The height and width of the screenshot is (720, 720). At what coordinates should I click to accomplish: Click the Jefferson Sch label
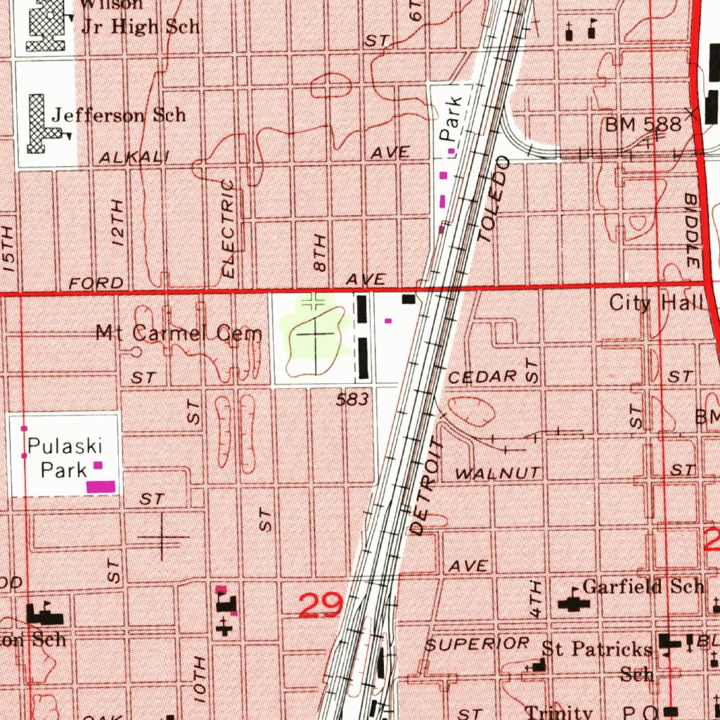pos(119,114)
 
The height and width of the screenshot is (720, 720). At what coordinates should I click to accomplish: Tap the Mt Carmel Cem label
pos(179,333)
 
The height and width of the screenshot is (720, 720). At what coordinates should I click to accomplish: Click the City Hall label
pos(657,303)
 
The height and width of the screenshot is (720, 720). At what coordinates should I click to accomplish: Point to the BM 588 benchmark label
pos(643,125)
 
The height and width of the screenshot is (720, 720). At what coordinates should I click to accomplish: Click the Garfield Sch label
pos(643,586)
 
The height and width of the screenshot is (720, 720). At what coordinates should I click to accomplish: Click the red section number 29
pos(321,605)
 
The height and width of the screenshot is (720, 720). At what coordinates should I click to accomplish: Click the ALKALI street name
pos(134,158)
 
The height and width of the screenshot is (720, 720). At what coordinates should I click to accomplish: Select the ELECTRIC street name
pos(229,227)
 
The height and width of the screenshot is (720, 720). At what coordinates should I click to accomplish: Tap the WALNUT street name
pos(499,474)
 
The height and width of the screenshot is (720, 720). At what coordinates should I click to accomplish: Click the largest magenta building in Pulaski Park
pos(101,486)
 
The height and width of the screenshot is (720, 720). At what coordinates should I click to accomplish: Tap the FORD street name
pos(96,283)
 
